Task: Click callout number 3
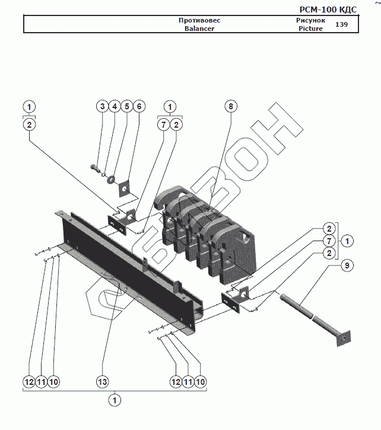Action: (103, 106)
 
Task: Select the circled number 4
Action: (115, 106)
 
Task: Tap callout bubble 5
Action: (126, 106)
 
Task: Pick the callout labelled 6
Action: (139, 106)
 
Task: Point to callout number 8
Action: (231, 106)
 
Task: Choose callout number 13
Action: (103, 381)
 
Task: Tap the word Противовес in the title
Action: (199, 20)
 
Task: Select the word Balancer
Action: (199, 28)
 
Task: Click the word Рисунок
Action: (311, 20)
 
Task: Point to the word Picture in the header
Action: (311, 28)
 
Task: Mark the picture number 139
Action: (342, 24)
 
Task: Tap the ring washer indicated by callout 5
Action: (111, 178)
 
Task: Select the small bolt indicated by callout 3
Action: (95, 167)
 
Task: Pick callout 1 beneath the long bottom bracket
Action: (115, 400)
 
